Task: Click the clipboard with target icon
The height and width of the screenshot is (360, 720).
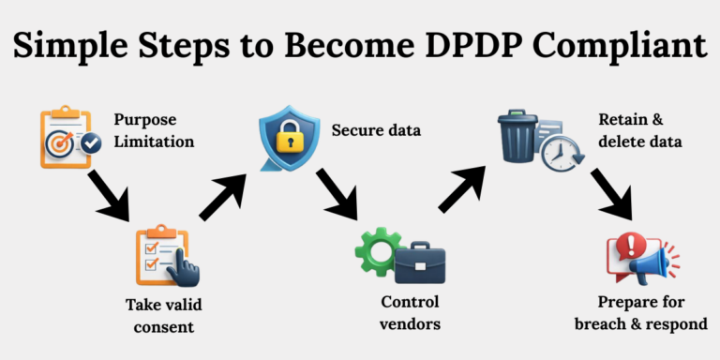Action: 67,138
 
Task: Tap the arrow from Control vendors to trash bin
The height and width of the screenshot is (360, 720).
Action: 462,191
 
